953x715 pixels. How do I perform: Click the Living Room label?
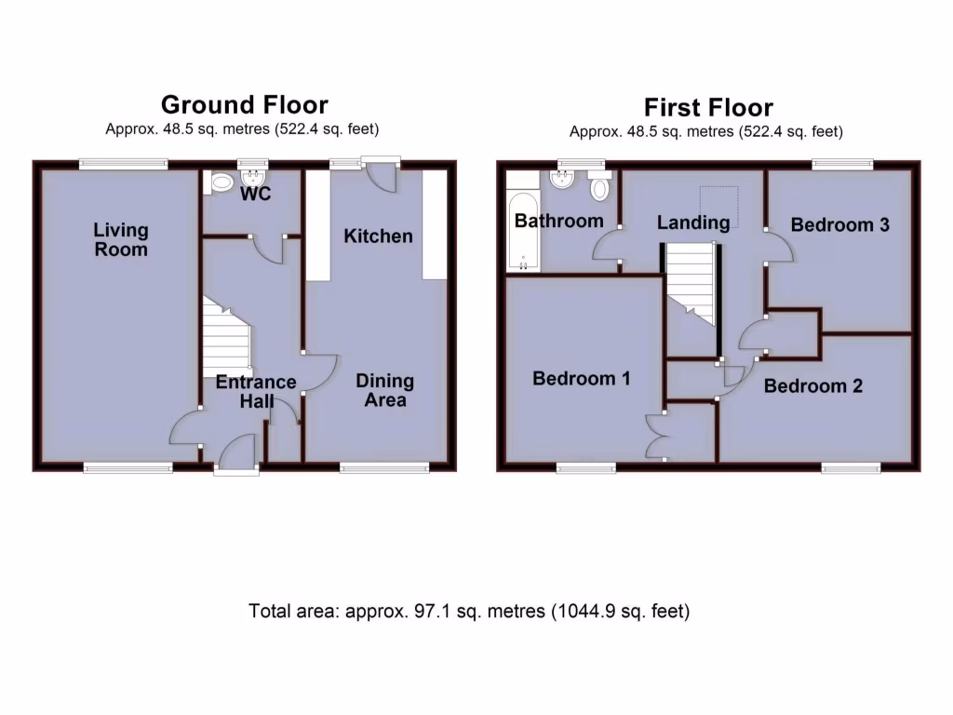[121, 239]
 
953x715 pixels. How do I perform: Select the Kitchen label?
[378, 236]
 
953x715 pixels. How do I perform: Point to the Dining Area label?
[385, 391]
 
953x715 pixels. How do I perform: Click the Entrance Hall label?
[256, 391]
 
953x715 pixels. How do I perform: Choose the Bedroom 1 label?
[582, 379]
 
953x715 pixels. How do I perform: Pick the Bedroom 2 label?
[812, 386]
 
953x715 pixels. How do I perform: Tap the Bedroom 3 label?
[839, 225]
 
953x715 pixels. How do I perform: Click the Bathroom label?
[558, 222]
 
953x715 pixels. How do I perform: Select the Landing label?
[693, 223]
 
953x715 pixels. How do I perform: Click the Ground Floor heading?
[244, 104]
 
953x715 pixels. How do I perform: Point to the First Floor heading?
[707, 108]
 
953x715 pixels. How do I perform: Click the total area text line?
[469, 613]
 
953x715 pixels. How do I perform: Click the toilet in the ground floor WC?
[221, 183]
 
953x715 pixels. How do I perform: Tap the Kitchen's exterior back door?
[382, 174]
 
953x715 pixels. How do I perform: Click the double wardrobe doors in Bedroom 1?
[657, 436]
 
